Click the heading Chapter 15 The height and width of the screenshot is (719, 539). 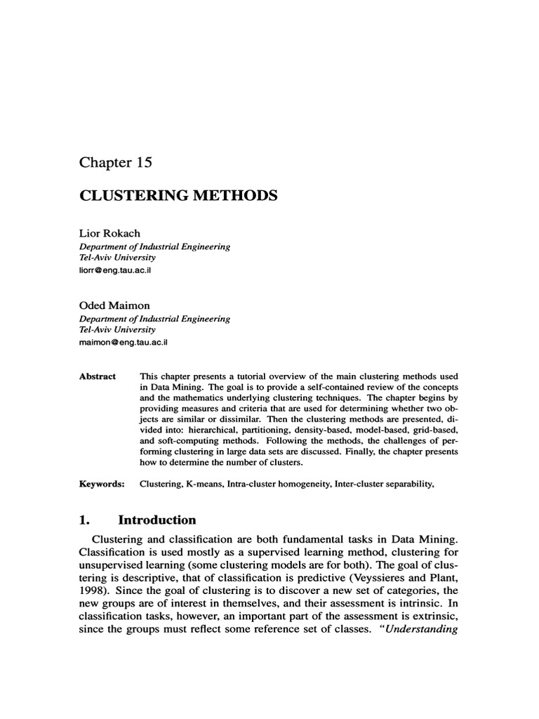pyautogui.click(x=115, y=162)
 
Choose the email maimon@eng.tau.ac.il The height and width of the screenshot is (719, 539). pyautogui.click(x=124, y=343)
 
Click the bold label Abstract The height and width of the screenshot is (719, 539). pyautogui.click(x=98, y=376)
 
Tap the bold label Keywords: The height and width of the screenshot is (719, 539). pyautogui.click(x=101, y=484)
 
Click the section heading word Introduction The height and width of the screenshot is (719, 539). pyautogui.click(x=157, y=520)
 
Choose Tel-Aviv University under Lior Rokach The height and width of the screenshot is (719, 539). pyautogui.click(x=116, y=258)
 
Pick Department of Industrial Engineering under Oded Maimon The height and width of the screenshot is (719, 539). pyautogui.click(x=154, y=318)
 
